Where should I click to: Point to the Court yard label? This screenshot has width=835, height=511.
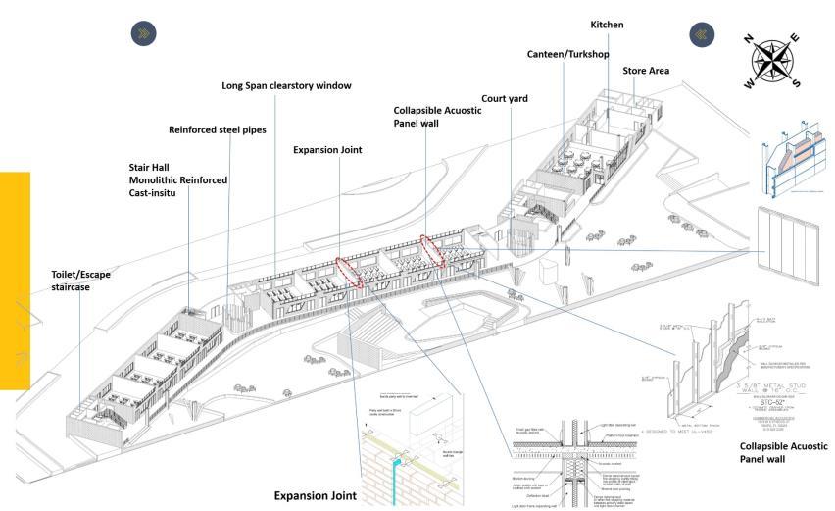[x=506, y=99]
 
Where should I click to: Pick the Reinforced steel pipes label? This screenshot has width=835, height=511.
[x=217, y=129]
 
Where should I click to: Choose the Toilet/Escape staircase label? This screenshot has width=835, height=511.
[x=81, y=281]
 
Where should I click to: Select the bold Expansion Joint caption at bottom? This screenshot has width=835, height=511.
[x=315, y=496]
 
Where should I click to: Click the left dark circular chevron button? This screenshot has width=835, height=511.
[x=143, y=32]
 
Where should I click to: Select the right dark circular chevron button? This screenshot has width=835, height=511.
[x=703, y=32]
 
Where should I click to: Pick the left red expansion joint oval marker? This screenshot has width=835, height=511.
[x=350, y=271]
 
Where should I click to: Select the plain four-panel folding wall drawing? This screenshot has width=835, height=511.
[x=795, y=245]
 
